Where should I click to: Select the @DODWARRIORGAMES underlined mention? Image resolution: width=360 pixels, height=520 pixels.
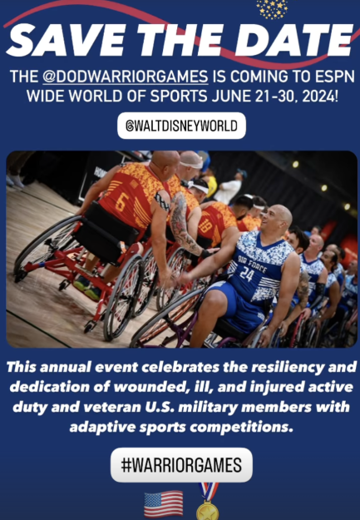pyautogui.click(x=126, y=77)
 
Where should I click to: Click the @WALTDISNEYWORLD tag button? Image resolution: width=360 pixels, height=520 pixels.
pyautogui.click(x=181, y=126)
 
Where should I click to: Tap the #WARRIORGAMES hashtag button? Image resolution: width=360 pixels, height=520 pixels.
pyautogui.click(x=181, y=465)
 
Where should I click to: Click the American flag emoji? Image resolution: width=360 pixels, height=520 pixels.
pyautogui.click(x=164, y=504)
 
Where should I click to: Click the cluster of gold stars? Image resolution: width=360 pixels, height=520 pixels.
pyautogui.click(x=272, y=8)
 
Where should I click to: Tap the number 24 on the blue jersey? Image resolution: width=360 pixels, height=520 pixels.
pyautogui.click(x=247, y=275)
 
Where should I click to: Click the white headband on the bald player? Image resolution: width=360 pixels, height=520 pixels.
pyautogui.click(x=191, y=164)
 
